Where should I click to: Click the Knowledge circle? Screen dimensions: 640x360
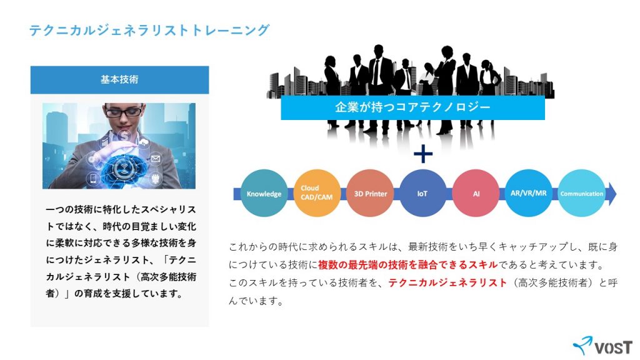pos(264,193)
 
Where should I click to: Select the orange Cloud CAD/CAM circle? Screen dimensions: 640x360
pos(317,193)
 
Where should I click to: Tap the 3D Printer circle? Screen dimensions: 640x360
pos(370,193)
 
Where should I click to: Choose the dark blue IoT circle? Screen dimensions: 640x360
pos(422,193)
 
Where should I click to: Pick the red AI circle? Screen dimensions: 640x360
pos(476,193)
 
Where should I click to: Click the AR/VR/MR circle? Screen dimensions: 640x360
pos(528,193)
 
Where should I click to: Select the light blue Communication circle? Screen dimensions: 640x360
pos(581,193)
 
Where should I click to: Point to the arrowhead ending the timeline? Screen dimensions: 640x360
pos(611,194)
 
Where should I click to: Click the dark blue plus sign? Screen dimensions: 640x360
pos(423,154)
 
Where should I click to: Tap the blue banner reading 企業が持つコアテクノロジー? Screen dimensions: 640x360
pos(412,107)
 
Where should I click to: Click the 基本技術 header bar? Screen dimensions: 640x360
pos(119,79)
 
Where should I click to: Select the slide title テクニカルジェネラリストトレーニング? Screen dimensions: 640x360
pos(149,30)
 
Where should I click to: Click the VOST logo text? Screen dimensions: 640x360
pos(614,348)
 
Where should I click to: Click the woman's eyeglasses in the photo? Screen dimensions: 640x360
pos(124,110)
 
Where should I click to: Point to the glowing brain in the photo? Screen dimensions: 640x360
pos(122,168)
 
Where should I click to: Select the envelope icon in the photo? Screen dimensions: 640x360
pos(156,158)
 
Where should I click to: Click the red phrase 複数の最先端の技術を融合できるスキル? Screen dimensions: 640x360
pos(407,265)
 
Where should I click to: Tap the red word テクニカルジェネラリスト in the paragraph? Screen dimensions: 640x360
pos(447,283)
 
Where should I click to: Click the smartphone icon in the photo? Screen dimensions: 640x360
pos(93,178)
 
